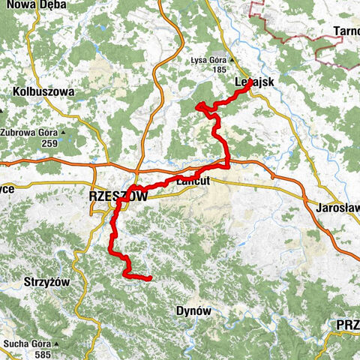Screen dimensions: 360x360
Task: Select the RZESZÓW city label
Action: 118,195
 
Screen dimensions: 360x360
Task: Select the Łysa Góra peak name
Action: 208,61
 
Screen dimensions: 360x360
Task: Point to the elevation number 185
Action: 218,70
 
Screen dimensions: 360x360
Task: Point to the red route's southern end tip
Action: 151,278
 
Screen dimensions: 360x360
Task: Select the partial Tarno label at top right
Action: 344,32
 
